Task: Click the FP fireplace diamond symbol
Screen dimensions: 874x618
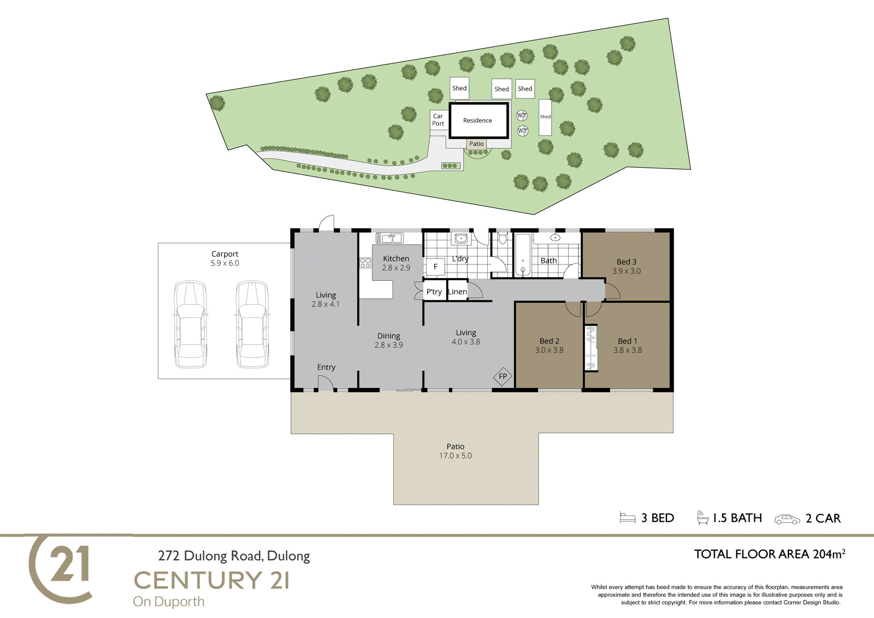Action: click(x=503, y=376)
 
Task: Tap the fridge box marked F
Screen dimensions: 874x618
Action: click(x=435, y=267)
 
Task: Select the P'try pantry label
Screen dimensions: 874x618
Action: click(x=434, y=292)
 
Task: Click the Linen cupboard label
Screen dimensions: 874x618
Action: click(x=457, y=292)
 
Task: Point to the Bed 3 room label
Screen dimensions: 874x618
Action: click(x=626, y=262)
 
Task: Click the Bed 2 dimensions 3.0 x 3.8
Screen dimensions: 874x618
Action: click(x=549, y=350)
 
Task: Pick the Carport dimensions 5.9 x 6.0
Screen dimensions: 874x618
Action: click(x=225, y=263)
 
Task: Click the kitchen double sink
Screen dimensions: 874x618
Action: click(x=389, y=237)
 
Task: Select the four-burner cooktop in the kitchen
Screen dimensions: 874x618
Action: click(x=365, y=262)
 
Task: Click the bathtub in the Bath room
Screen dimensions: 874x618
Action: click(x=523, y=255)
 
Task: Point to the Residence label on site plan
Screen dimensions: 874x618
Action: click(x=477, y=120)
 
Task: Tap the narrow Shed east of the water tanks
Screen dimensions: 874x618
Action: click(x=545, y=117)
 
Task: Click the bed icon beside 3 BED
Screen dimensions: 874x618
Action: click(x=628, y=517)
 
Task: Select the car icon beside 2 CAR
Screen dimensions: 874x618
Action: click(x=787, y=520)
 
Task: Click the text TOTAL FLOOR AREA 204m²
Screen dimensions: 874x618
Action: click(x=770, y=554)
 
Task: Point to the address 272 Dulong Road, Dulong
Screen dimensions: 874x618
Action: click(x=234, y=556)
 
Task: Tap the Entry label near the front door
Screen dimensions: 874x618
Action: click(x=326, y=367)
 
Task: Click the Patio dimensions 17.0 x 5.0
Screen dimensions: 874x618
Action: click(x=456, y=456)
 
